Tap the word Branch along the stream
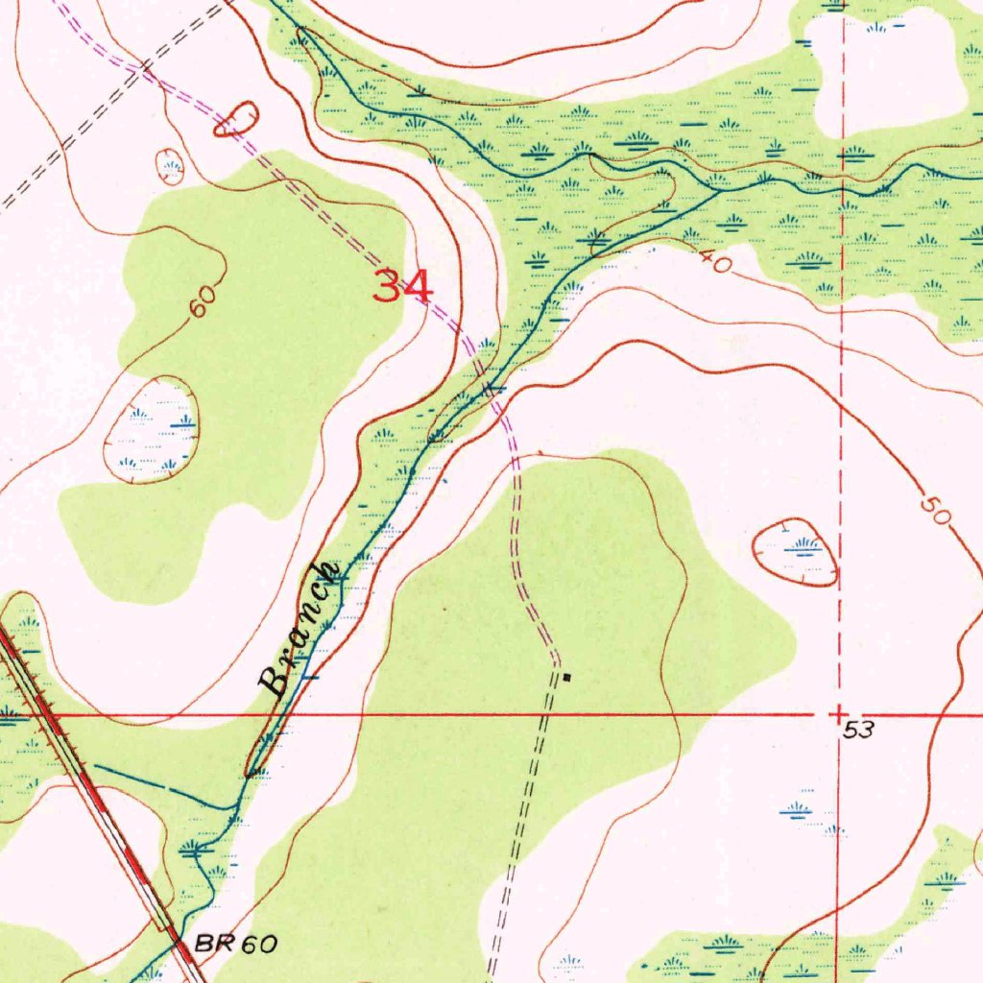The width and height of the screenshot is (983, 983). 300,630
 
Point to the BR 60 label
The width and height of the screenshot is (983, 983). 235,945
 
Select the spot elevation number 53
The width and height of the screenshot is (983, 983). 860,731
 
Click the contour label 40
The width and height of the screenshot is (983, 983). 714,262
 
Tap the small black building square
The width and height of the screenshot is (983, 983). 566,678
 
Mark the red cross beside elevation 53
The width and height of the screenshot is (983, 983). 839,715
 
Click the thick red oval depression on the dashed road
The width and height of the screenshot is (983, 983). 236,120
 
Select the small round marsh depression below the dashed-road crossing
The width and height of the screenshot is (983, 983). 171,167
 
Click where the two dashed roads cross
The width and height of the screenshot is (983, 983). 142,67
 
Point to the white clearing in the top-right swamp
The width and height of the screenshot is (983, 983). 888,72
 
